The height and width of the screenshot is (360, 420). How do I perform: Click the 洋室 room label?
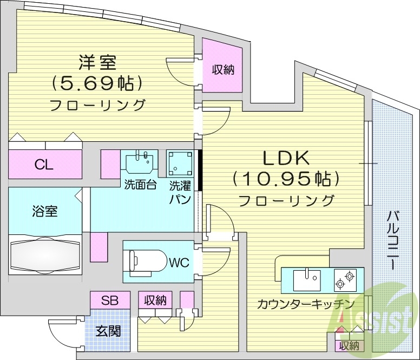97,63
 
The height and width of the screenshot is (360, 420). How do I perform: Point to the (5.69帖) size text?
97,83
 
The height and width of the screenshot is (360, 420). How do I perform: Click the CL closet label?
44,165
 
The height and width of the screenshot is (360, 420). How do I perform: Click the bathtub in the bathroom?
45,254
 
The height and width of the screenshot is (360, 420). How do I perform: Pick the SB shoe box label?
110,299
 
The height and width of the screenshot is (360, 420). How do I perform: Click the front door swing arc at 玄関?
60,336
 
